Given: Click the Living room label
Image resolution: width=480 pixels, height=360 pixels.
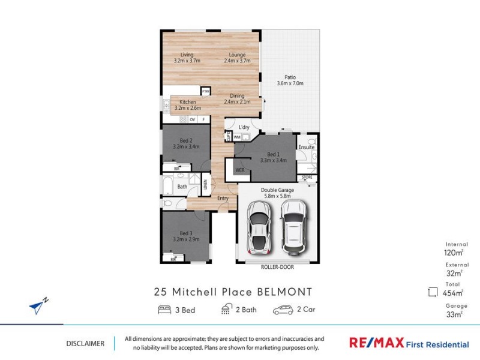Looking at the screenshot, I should pos(187,58).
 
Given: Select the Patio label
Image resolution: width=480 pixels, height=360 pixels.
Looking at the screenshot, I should pos(290,80).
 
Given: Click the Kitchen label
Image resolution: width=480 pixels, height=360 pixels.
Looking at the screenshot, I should pos(187,105).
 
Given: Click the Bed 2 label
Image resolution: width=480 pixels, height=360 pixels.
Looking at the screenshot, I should pos(185,143).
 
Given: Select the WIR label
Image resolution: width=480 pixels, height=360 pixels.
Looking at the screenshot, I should pos(240,170).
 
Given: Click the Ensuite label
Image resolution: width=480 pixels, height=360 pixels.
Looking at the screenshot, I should pos(307,147).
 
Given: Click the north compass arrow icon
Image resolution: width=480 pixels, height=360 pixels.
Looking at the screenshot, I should pos(38,306).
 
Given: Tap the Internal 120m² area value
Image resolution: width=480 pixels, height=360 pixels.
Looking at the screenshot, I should pos(454,253).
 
